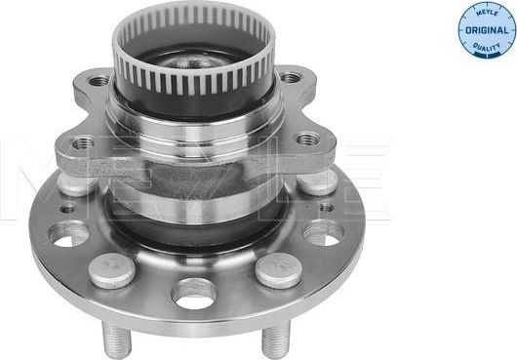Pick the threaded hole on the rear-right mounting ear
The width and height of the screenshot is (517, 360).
tap(291, 77)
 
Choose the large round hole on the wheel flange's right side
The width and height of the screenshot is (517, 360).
tap(322, 232)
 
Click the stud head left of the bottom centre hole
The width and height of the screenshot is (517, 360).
tap(111, 269)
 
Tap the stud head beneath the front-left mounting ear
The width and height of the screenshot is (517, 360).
tap(77, 181)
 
